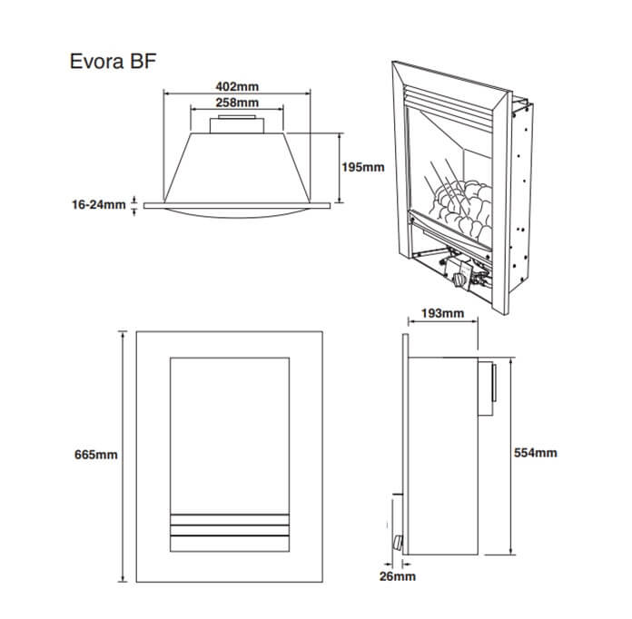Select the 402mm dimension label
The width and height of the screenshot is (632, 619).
pyautogui.click(x=236, y=87)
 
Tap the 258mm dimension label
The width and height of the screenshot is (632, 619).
pyautogui.click(x=236, y=103)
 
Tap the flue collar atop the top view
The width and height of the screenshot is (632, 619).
pyautogui.click(x=236, y=125)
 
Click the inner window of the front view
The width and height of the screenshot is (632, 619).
pyautogui.click(x=230, y=427)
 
